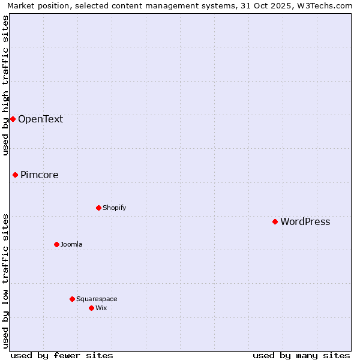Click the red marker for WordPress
(x=275, y=221)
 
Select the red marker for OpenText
(x=13, y=119)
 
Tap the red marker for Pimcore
(x=15, y=175)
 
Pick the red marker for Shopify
(x=98, y=208)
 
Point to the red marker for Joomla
(x=56, y=244)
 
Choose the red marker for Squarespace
(x=72, y=299)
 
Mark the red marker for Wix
(x=91, y=308)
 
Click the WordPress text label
(x=305, y=222)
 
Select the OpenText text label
(x=40, y=119)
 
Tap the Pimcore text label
(x=40, y=175)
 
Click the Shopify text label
(x=114, y=208)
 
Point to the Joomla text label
(x=71, y=245)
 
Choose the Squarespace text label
(x=97, y=299)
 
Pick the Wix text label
(x=101, y=308)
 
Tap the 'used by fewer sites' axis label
(x=62, y=355)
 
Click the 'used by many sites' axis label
(x=301, y=355)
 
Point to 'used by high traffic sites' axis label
(x=5, y=85)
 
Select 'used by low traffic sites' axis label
(x=5, y=281)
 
